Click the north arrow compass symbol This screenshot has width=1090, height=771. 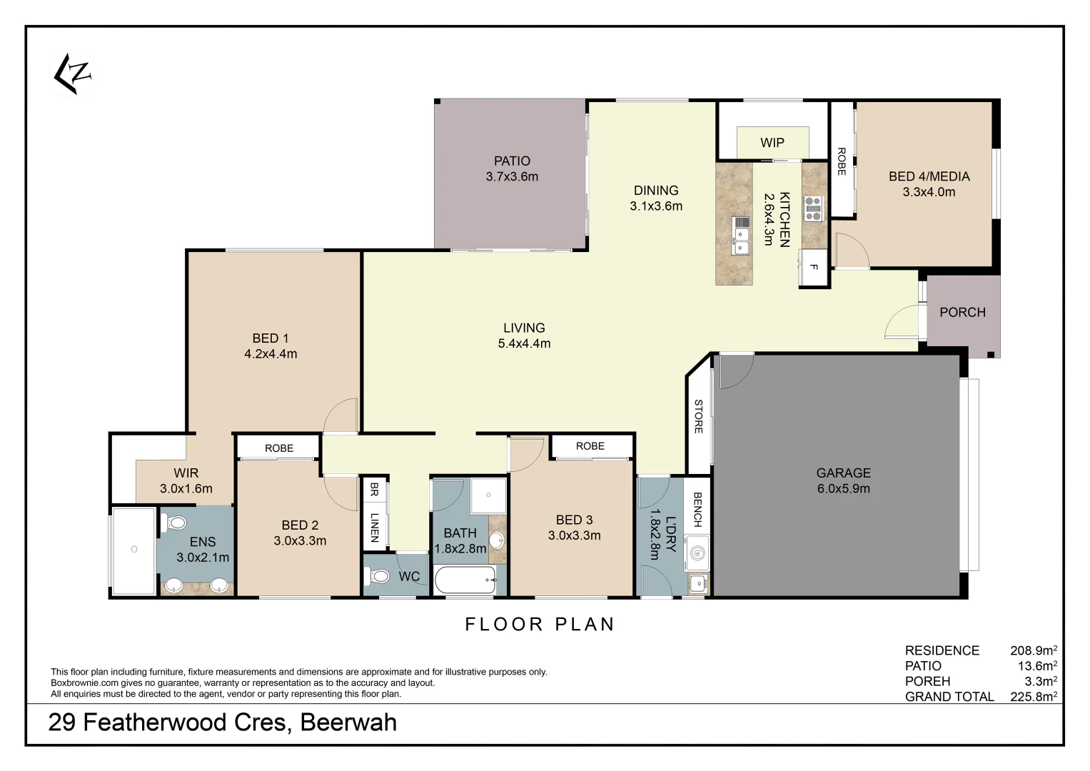click(x=74, y=74)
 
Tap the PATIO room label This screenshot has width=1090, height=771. click(x=512, y=161)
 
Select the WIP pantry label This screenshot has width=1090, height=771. click(x=772, y=142)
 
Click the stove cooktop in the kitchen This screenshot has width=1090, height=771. click(x=813, y=208)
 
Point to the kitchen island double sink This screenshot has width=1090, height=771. click(x=742, y=237)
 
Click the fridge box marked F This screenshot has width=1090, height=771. click(x=813, y=268)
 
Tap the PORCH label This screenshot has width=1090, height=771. click(x=962, y=312)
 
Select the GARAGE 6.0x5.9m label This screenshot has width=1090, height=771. click(x=843, y=480)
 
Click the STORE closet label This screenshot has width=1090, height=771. click(x=699, y=416)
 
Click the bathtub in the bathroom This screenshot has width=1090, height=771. click(x=465, y=580)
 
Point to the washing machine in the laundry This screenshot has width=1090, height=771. click(x=696, y=554)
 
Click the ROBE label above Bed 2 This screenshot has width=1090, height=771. click(x=279, y=448)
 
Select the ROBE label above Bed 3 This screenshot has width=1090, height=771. click(x=590, y=445)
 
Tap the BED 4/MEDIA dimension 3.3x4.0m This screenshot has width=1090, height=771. click(x=929, y=191)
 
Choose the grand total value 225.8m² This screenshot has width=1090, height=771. click(x=1033, y=697)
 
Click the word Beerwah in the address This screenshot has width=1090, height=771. click(x=348, y=722)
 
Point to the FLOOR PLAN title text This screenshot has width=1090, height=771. click(x=540, y=624)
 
